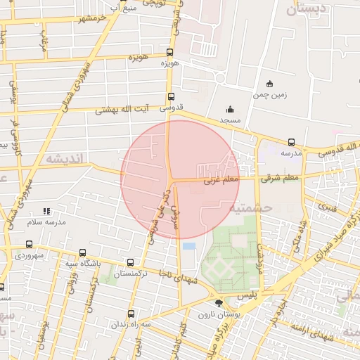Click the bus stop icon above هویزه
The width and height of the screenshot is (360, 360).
(169, 53)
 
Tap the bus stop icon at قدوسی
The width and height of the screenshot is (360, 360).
(170, 97)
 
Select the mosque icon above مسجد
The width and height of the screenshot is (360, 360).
(229, 109)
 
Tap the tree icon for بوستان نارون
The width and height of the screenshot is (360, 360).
(219, 303)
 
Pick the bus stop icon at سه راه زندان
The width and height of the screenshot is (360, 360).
(131, 314)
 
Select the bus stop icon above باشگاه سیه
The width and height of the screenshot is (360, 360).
(83, 252)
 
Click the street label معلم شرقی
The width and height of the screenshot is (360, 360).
(279, 179)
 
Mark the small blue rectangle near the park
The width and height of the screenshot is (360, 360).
(189, 246)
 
